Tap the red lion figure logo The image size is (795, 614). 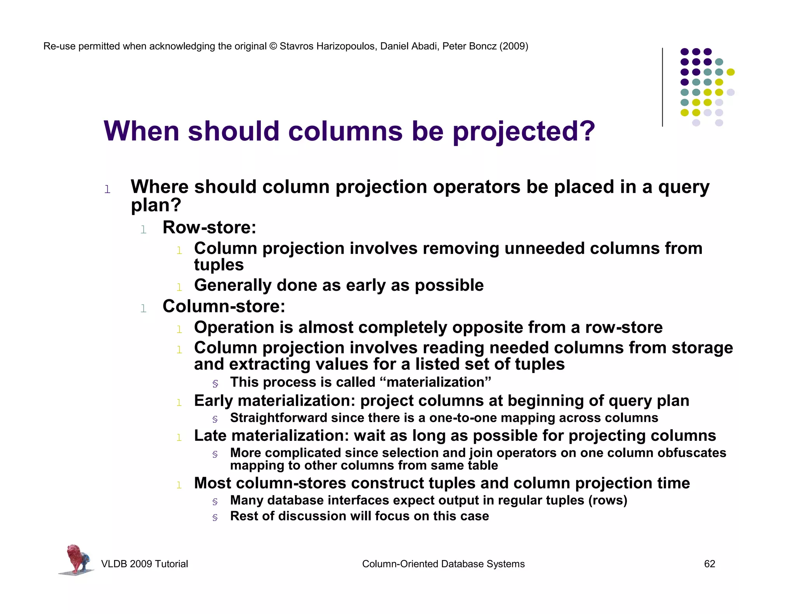click(76, 559)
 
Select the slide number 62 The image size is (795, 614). click(709, 564)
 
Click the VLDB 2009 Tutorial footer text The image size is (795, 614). click(144, 564)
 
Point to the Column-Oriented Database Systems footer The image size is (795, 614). click(443, 564)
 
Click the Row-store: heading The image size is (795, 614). click(209, 227)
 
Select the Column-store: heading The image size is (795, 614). click(224, 306)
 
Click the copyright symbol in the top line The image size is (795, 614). click(273, 47)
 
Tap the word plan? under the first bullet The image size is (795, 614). click(156, 205)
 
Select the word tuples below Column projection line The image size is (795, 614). click(219, 265)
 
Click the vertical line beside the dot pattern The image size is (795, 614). click(662, 87)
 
